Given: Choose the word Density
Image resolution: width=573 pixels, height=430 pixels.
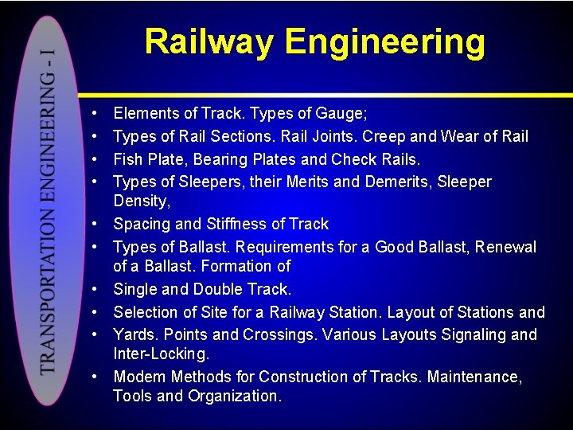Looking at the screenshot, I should [140, 201].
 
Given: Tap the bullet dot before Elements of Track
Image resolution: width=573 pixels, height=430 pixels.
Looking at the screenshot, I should [95, 115].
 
